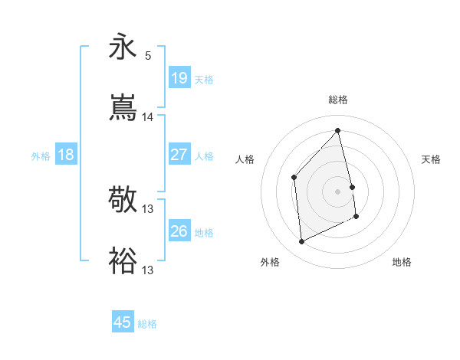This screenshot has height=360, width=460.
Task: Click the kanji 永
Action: (x=123, y=46)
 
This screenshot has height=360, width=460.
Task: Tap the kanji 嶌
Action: (x=123, y=108)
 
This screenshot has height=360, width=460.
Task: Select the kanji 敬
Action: (x=123, y=200)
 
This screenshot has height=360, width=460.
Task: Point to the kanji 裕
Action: (x=123, y=261)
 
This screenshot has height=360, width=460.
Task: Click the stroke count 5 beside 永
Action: (x=148, y=55)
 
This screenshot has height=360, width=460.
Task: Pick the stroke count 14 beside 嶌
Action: (x=148, y=117)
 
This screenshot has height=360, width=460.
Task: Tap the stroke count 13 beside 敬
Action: (x=148, y=209)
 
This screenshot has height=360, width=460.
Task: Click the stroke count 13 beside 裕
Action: (x=148, y=270)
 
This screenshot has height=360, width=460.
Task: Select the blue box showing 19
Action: (x=179, y=77)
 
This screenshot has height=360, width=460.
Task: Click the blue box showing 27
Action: (x=179, y=154)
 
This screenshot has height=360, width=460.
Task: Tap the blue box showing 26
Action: (x=179, y=231)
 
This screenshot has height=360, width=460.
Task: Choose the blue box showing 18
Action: (x=66, y=154)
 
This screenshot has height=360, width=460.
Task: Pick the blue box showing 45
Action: (x=123, y=322)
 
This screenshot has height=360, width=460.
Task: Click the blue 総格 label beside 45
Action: (x=148, y=324)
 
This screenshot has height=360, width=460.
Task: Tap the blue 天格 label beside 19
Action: (x=204, y=79)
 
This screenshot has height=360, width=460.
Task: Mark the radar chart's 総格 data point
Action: (x=338, y=130)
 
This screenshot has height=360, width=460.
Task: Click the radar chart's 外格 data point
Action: (x=302, y=242)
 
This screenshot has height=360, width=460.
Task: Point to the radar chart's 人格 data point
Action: (x=294, y=178)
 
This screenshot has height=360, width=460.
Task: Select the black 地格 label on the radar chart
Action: (x=402, y=262)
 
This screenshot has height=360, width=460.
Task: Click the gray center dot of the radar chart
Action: (x=338, y=191)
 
